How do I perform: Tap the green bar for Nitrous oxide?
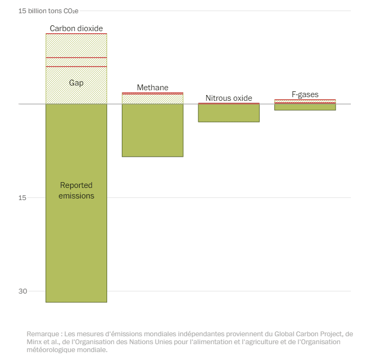228,113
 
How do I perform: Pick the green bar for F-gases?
305,107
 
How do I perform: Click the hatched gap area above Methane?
152,99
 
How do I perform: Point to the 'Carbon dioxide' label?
76,28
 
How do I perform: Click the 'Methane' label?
152,88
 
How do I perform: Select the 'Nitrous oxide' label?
228,98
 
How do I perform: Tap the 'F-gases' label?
305,94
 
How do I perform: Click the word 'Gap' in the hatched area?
76,83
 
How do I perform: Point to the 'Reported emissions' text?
76,191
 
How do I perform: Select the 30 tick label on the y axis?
22,291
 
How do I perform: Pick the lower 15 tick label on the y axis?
22,198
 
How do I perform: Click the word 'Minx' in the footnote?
35,342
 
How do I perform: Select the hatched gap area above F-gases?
305,101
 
